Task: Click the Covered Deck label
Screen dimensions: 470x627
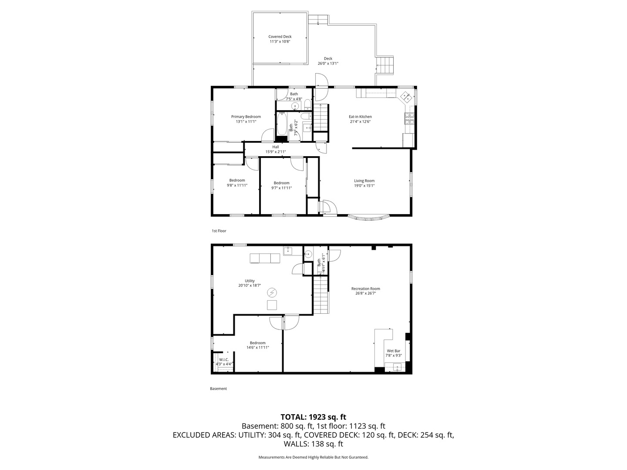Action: coord(280,37)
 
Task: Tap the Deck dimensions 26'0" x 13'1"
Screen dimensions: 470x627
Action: coord(327,64)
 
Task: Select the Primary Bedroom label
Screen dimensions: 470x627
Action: coord(246,117)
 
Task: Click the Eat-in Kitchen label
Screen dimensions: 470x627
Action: coord(360,117)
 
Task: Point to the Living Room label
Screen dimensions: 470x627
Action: coord(364,181)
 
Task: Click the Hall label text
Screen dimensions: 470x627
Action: coord(276,147)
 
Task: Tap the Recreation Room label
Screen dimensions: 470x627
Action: coord(365,289)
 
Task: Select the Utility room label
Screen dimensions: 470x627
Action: coord(249,281)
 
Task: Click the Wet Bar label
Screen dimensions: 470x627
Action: coord(393,351)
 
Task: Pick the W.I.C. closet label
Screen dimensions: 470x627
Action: coord(224,359)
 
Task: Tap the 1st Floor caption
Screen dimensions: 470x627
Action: coord(219,231)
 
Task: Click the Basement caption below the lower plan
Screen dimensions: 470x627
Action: coord(218,389)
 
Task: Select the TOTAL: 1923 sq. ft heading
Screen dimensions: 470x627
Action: coord(313,417)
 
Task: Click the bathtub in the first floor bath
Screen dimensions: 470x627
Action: coord(282,124)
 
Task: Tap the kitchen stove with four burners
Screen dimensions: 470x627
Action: coord(410,118)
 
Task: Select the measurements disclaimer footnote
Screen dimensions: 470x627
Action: coord(313,457)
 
